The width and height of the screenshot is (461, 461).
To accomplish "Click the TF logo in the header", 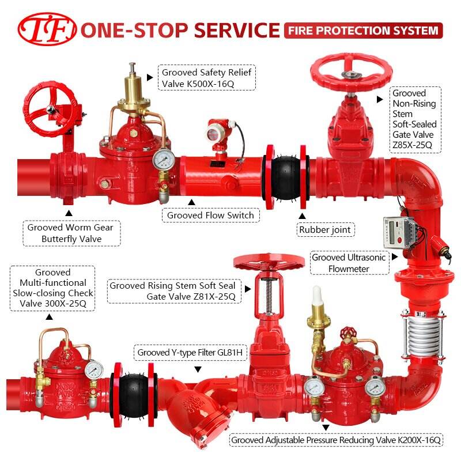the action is (x=47, y=29).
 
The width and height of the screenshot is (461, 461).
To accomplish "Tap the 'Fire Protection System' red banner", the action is (x=364, y=31).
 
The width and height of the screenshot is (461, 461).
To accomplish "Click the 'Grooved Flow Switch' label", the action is (x=210, y=215).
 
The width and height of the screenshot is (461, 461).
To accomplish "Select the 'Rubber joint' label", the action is (x=325, y=229).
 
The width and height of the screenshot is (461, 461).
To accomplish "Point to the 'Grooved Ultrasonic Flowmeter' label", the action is (x=349, y=263).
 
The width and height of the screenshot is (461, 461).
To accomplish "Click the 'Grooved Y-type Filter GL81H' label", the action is (x=190, y=352).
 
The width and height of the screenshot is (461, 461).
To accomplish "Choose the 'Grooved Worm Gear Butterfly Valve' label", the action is (x=71, y=233).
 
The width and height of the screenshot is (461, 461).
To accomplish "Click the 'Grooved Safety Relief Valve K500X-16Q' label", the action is (x=207, y=78).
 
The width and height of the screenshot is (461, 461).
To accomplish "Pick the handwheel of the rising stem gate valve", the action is (x=269, y=263).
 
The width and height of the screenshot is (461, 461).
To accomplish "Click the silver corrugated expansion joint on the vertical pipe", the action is (x=423, y=335).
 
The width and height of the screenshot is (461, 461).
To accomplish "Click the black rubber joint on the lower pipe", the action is (x=133, y=395).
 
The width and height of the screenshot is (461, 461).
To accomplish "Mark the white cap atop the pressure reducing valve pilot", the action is (x=316, y=296).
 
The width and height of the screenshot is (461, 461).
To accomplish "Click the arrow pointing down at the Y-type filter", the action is (x=198, y=369).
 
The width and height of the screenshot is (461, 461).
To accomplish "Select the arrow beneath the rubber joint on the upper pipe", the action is (x=302, y=216).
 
